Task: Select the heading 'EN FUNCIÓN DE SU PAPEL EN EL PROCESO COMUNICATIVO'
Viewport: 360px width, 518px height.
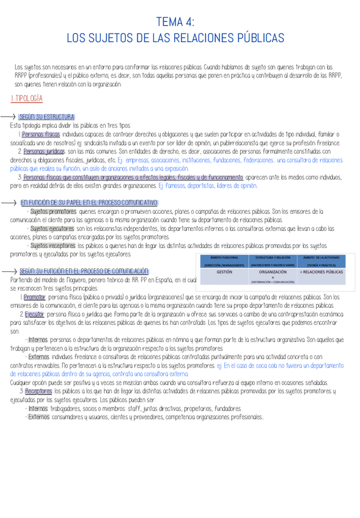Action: pyautogui.click(x=89, y=202)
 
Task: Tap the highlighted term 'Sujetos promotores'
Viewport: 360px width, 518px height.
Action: pyautogui.click(x=53, y=211)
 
